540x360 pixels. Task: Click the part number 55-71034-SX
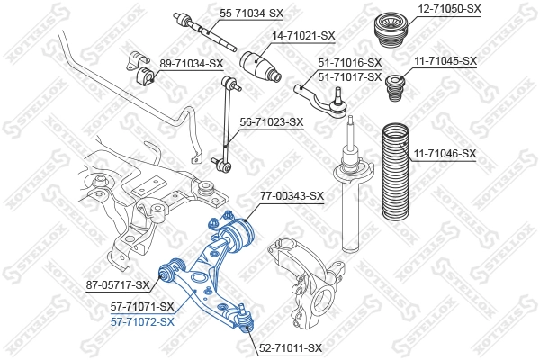click(x=225, y=13)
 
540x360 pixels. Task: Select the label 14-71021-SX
click(x=303, y=35)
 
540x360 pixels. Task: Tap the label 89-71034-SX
click(x=191, y=63)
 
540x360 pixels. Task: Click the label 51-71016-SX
click(x=350, y=62)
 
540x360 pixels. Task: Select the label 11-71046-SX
click(x=445, y=154)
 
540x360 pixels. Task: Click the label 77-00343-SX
click(x=292, y=195)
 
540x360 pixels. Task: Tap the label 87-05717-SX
click(x=118, y=285)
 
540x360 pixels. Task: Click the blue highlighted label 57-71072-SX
click(x=142, y=320)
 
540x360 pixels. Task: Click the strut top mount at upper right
click(x=392, y=36)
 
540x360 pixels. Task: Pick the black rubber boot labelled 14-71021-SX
click(x=261, y=66)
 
